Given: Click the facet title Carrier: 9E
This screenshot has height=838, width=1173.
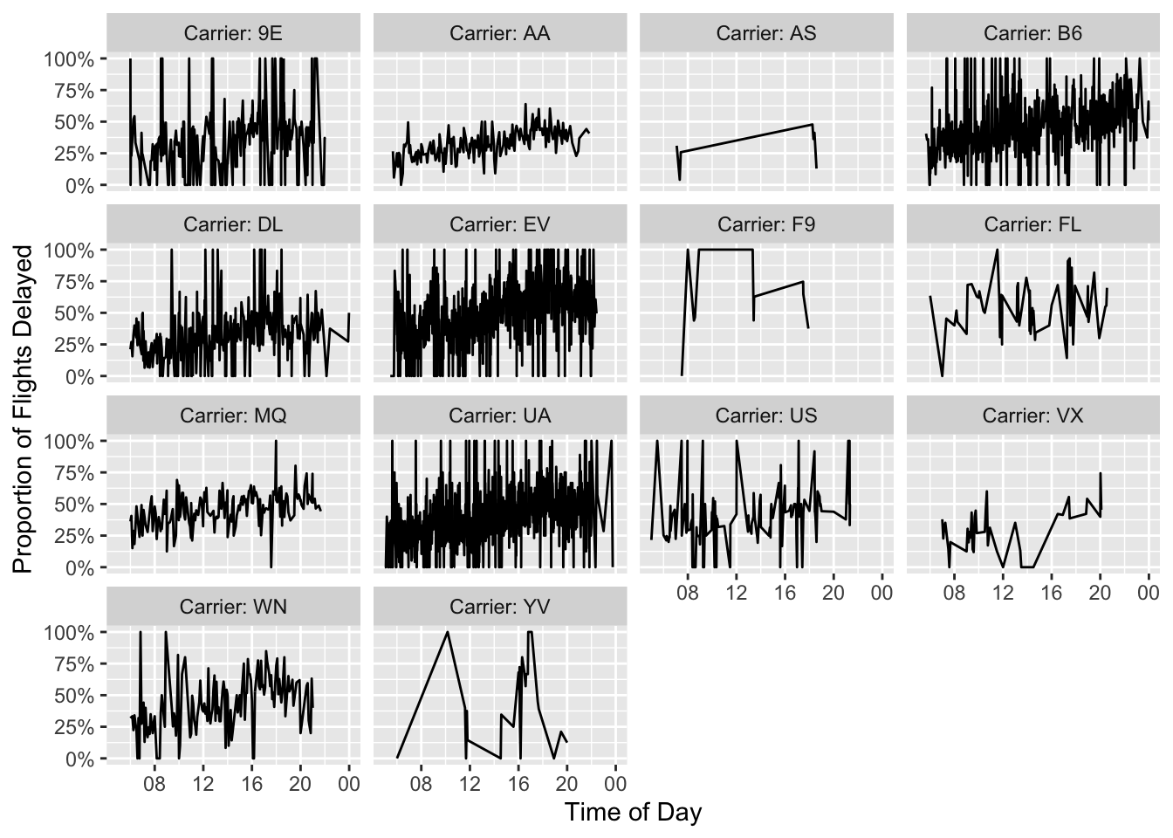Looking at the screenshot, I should click(x=233, y=33).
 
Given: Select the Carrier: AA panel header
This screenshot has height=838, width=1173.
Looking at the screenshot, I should click(x=500, y=33).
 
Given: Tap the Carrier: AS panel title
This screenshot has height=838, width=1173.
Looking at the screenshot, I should click(x=766, y=33).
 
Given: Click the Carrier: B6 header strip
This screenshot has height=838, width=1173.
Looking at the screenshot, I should click(x=1032, y=33).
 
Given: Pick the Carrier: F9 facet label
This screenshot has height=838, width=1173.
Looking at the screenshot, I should click(x=766, y=224).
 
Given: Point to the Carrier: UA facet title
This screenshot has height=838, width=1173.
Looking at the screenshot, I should click(x=500, y=416).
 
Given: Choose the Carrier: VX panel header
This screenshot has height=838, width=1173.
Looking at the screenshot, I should click(x=1032, y=416).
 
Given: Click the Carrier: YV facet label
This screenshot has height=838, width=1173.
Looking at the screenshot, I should click(x=500, y=607).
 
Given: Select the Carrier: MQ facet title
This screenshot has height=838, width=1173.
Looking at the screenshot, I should click(x=233, y=416).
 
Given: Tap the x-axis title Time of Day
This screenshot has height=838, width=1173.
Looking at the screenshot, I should click(x=633, y=813).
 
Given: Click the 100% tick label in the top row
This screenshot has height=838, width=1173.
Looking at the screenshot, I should click(x=69, y=58).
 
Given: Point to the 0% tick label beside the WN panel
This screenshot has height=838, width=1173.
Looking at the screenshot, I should click(x=79, y=759).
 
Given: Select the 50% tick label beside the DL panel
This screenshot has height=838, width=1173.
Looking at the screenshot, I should click(x=74, y=313).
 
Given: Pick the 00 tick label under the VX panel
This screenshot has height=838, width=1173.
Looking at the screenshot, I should click(x=1149, y=594).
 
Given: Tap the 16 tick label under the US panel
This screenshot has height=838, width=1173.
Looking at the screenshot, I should click(x=785, y=594).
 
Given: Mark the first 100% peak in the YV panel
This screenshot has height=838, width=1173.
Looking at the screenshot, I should click(x=448, y=632).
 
